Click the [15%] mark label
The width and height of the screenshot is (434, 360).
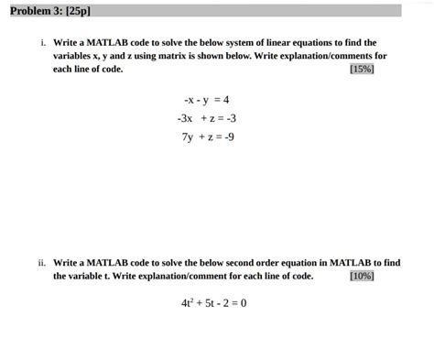pyautogui.click(x=362, y=69)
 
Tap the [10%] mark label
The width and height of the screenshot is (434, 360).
pyautogui.click(x=362, y=276)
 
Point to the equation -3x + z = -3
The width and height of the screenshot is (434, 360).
pyautogui.click(x=207, y=118)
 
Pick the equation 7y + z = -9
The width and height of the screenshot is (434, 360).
pyautogui.click(x=207, y=137)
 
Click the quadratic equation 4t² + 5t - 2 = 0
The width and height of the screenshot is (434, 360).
pyautogui.click(x=214, y=303)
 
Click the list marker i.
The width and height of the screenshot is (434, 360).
pyautogui.click(x=42, y=43)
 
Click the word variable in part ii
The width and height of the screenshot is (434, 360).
pyautogui.click(x=89, y=276)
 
